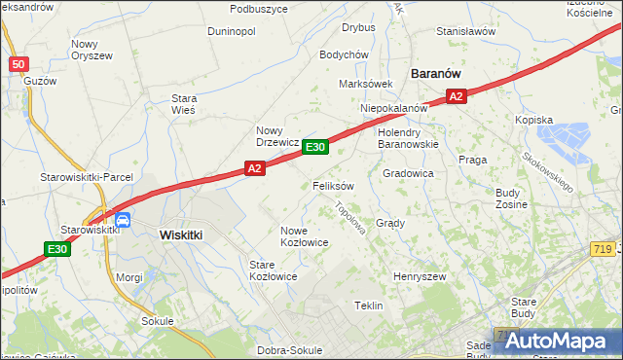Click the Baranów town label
click(x=436, y=73)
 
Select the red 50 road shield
click(x=18, y=64)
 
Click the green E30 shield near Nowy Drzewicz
click(x=314, y=147)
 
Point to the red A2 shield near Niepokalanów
click(x=458, y=95)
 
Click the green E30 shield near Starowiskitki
click(x=57, y=250)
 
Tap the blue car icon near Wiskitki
click(x=124, y=221)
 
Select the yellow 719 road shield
click(x=602, y=250)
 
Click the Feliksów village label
click(x=333, y=185)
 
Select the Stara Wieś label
click(x=184, y=104)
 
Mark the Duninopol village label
click(x=232, y=31)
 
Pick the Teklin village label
click(x=368, y=306)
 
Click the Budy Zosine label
click(x=511, y=199)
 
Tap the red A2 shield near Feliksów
click(x=254, y=169)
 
